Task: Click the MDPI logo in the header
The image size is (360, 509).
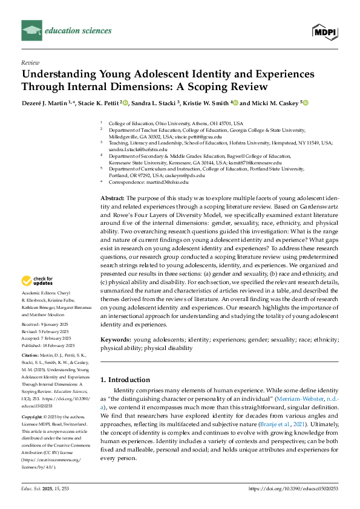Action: [x=324, y=30]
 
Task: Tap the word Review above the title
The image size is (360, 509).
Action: [x=30, y=62]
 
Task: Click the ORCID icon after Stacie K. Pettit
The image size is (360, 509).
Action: [x=125, y=103]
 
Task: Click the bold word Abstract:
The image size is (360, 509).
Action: [x=112, y=198]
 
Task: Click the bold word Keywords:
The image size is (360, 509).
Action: [x=116, y=340]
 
